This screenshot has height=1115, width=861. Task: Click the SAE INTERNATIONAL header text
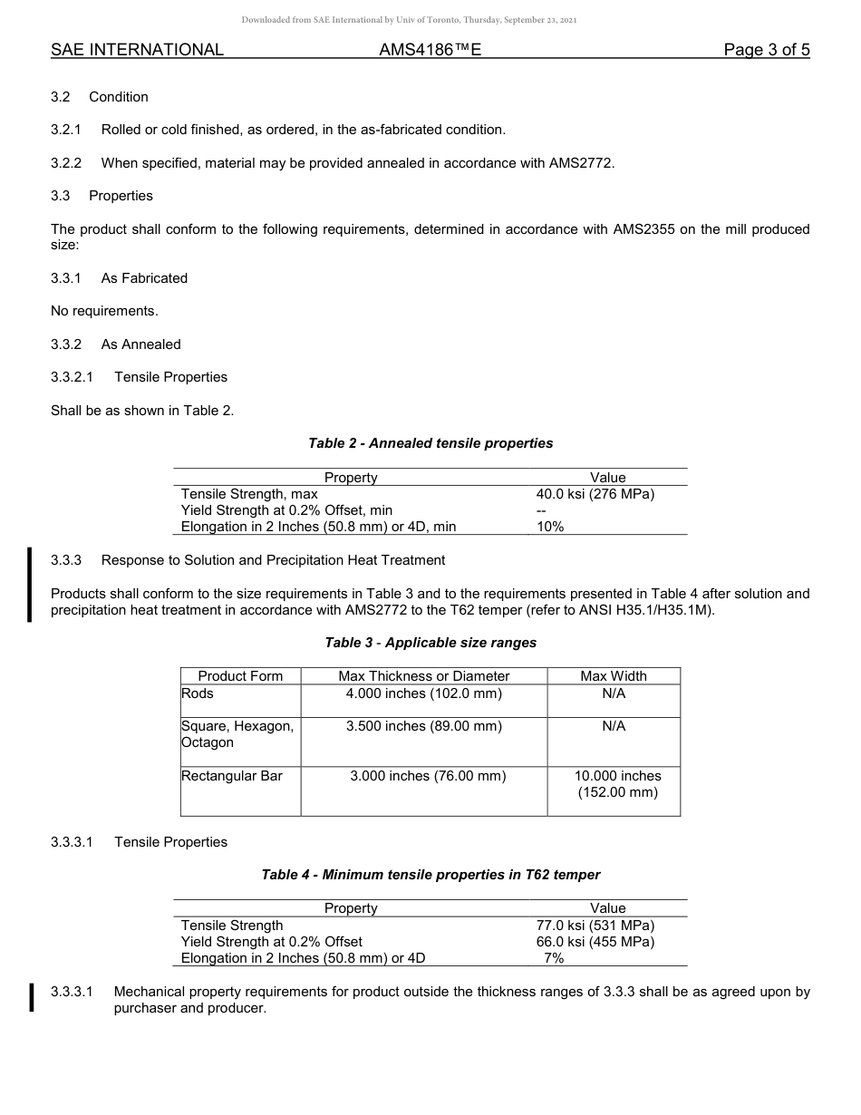137,50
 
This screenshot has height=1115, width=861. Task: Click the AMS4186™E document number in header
430,50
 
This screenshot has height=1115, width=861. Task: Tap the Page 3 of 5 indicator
766,50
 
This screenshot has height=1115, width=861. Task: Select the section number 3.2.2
66,163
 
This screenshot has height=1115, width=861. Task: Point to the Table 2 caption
430,443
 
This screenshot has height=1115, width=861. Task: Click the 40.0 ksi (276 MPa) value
595,494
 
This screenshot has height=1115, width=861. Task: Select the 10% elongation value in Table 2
550,527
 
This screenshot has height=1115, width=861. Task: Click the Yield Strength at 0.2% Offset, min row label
286,510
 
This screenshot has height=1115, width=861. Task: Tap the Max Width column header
614,676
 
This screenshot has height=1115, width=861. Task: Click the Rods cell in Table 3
198,693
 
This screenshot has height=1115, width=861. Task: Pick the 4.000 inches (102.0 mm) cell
423,693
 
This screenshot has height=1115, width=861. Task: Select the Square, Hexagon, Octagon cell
237,734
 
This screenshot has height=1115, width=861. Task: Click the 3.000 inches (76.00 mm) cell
428,776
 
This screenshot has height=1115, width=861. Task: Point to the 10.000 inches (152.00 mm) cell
617,784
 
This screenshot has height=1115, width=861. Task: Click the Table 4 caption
430,875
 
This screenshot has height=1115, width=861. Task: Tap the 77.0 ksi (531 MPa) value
595,926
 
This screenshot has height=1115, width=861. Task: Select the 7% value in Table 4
554,958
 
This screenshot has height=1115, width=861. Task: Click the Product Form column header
240,676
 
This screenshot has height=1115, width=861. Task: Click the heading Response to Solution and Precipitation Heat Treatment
273,560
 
